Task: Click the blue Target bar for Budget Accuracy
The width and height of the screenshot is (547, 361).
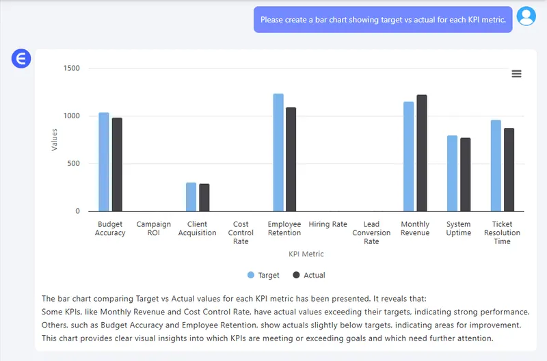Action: (104, 162)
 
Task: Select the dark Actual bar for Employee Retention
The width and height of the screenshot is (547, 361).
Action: (291, 159)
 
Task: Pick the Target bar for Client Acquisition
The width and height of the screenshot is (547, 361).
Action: (191, 197)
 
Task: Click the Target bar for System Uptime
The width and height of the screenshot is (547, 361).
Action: (452, 174)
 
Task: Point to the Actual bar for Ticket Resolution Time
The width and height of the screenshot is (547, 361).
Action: (509, 170)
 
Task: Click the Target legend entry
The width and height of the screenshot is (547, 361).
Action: (264, 275)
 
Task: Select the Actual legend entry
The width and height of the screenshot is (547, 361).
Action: (309, 275)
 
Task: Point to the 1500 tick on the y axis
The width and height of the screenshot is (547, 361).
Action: (71, 68)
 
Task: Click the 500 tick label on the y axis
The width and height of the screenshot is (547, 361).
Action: (73, 164)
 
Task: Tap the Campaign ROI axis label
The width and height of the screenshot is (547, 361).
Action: (154, 228)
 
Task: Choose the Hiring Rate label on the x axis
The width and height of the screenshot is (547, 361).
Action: (328, 224)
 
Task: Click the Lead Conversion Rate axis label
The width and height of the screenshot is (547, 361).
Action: (371, 232)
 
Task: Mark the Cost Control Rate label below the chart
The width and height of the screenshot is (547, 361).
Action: (241, 232)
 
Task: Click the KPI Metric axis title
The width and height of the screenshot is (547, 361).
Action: (306, 254)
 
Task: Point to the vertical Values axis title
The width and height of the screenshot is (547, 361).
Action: (55, 139)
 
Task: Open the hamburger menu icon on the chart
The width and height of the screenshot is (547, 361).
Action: (517, 74)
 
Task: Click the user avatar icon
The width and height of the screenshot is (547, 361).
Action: (526, 16)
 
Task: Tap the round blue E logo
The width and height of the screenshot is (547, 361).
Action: (21, 59)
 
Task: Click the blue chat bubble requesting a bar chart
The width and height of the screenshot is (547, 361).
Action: (383, 20)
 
